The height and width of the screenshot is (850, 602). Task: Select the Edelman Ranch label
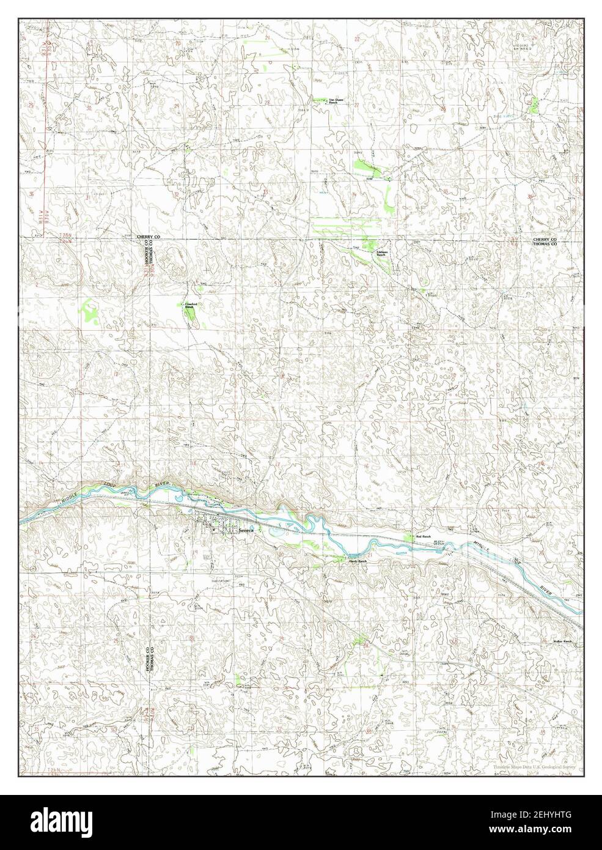click(x=383, y=253)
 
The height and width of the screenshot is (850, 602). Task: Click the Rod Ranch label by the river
click(x=423, y=537)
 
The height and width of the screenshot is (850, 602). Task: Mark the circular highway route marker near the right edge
click(x=574, y=713)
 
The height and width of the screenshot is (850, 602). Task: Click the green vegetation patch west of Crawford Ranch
click(x=90, y=311)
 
